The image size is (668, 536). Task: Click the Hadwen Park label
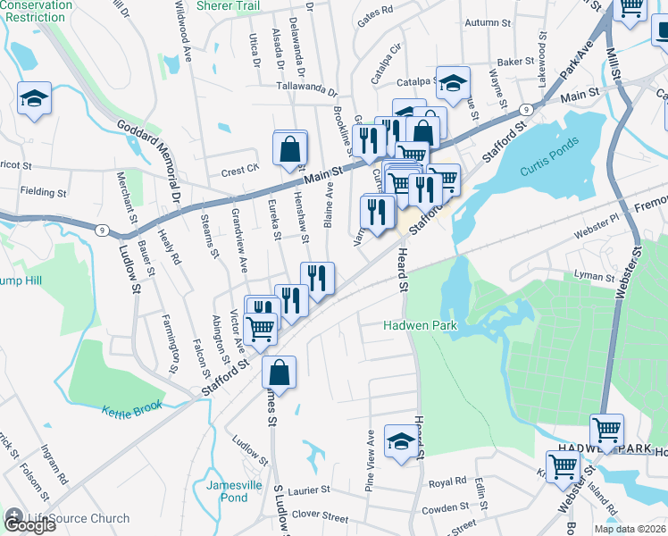click(x=420, y=326)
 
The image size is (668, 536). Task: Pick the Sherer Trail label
click(x=227, y=5)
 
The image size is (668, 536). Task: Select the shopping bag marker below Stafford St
click(x=280, y=373)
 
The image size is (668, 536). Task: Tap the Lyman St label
click(x=595, y=277)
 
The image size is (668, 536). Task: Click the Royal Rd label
click(x=447, y=482)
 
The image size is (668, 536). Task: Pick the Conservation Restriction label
click(x=37, y=11)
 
